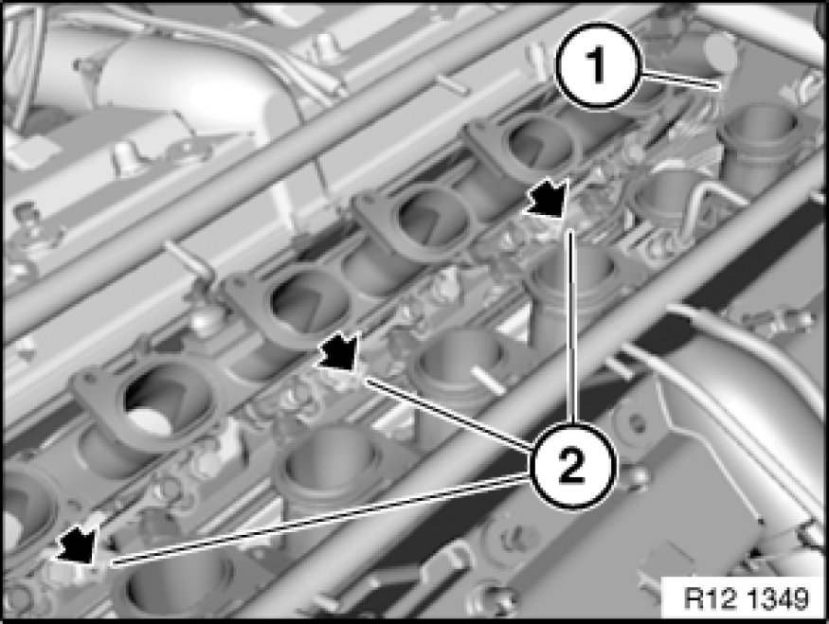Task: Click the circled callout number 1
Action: click(598, 66)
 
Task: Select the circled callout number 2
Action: click(572, 466)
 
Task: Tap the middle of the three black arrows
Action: click(339, 351)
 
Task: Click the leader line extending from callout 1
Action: click(680, 79)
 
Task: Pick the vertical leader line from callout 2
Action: click(571, 326)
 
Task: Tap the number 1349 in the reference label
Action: click(776, 598)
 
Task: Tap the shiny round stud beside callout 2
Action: click(636, 476)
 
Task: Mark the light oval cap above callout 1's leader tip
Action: click(721, 49)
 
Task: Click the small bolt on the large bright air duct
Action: click(81, 66)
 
